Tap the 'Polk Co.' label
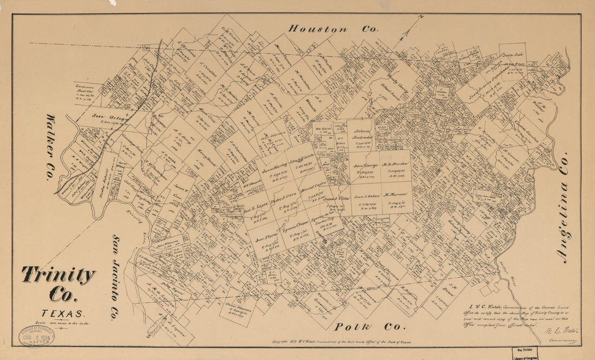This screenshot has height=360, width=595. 369,326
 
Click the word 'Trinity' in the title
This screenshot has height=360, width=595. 58,276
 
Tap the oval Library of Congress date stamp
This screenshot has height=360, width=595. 37,336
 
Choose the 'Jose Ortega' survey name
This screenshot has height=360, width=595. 105,115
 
